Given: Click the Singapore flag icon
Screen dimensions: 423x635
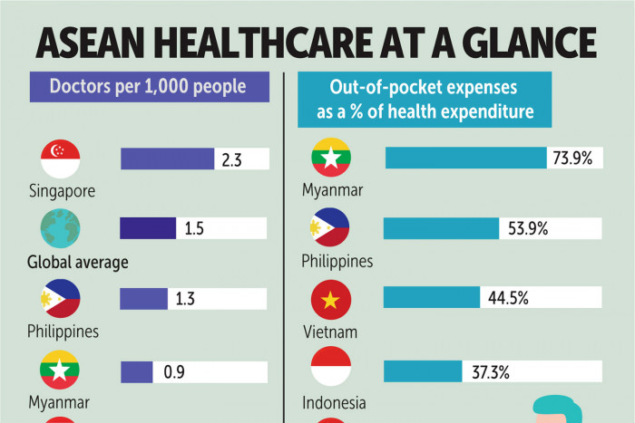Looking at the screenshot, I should (60, 159).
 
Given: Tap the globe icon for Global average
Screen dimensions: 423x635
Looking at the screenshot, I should (60, 228).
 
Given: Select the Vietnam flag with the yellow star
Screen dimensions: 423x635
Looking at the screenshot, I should (331, 298).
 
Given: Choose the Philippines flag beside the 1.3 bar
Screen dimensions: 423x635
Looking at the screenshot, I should (60, 298).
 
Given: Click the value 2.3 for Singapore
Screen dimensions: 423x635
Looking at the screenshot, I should (231, 159).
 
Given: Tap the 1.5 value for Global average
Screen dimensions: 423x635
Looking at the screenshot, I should (194, 228).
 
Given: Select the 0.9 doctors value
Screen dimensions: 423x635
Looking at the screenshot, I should (171, 371).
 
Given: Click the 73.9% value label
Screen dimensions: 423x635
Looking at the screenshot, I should (572, 159).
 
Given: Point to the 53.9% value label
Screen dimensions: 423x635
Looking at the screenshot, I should (527, 228).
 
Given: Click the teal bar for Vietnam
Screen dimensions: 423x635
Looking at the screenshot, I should (432, 297).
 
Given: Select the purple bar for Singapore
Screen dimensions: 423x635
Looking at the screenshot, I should (168, 159).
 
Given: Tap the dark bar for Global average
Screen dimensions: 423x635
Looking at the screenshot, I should (148, 228).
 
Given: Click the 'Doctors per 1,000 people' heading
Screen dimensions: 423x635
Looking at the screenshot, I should (150, 89).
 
